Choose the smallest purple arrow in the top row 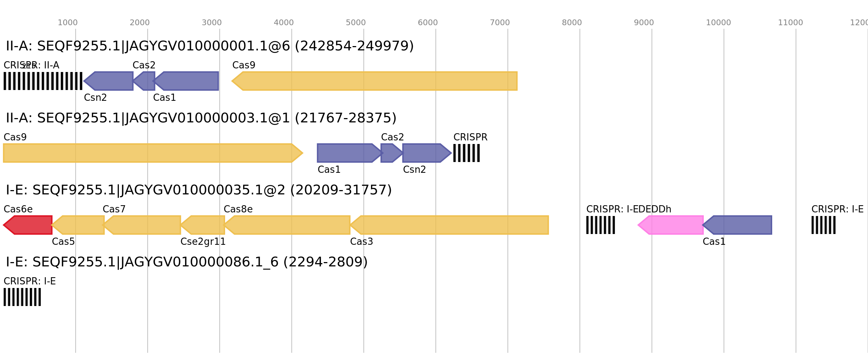(x=145, y=81)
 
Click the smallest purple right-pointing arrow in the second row (x=391, y=153)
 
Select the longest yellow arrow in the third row (x=450, y=225)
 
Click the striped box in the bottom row (x=22, y=297)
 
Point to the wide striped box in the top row (x=43, y=81)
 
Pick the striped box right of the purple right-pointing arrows (x=466, y=153)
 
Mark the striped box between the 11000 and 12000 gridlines (x=823, y=225)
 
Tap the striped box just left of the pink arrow (x=601, y=225)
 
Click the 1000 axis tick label (x=67, y=23)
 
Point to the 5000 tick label (x=355, y=23)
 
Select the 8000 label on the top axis (x=572, y=23)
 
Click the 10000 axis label (x=718, y=23)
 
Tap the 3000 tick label (x=211, y=23)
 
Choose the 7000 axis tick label (x=500, y=23)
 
